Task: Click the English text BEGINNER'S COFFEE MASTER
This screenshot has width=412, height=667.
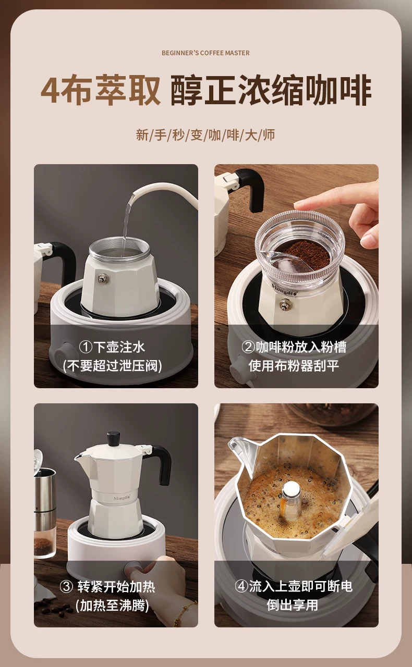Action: click(205, 53)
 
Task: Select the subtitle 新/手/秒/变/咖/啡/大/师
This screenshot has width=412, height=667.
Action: click(205, 135)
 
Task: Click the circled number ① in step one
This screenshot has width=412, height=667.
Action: click(86, 347)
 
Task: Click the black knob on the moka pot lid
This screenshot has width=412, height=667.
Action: click(114, 438)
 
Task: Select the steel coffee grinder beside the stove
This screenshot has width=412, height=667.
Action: click(45, 505)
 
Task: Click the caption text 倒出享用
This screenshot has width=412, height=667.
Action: click(292, 604)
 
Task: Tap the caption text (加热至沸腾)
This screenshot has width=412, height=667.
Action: click(112, 605)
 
